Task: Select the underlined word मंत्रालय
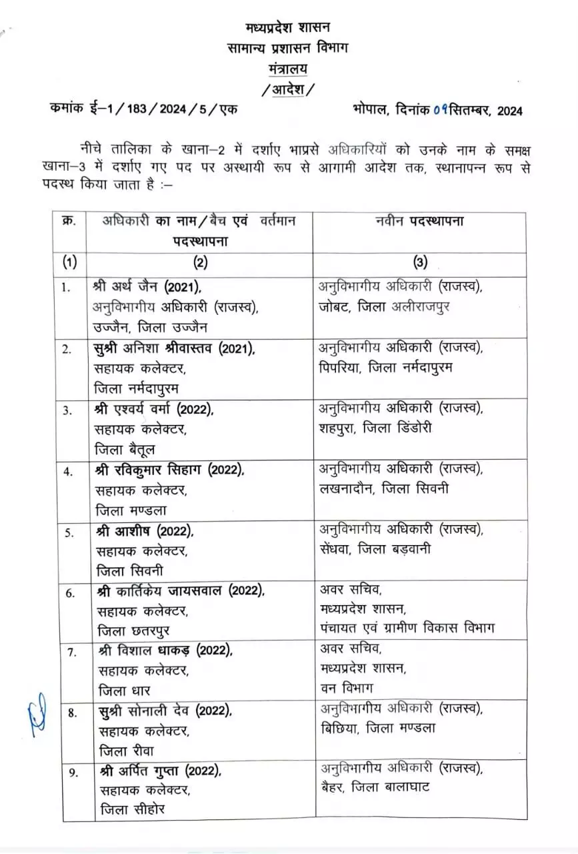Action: (287, 69)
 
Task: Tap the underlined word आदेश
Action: (287, 89)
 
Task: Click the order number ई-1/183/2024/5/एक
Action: (167, 111)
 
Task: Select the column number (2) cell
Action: (200, 262)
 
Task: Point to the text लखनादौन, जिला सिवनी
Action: (385, 489)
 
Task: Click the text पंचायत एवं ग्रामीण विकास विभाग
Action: (407, 628)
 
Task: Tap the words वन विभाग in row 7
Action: (346, 688)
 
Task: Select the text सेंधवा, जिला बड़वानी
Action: (376, 549)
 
